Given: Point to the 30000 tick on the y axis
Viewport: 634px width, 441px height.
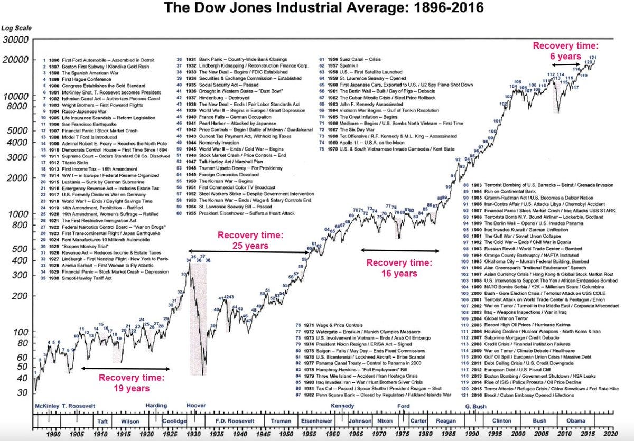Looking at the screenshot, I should point(16,40).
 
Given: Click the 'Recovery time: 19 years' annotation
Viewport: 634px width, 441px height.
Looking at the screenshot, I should point(130,383).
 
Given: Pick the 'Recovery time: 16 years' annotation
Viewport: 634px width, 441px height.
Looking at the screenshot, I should point(399,268).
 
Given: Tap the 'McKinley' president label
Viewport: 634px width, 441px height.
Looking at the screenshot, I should point(45,406).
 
